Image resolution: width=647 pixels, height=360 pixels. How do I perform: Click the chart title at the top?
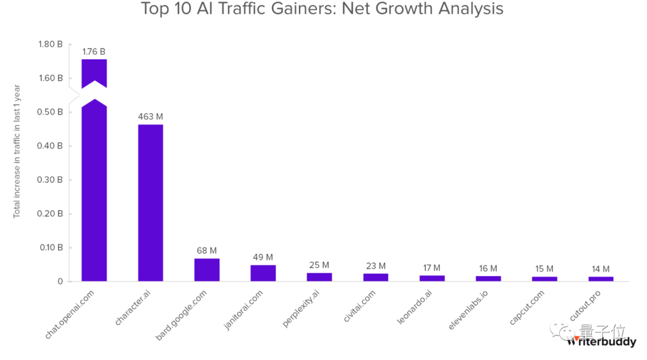(322, 10)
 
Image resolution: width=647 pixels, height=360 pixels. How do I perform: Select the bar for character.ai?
(150, 202)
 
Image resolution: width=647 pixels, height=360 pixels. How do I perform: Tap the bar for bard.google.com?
(207, 270)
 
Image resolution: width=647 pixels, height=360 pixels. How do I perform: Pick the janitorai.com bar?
(263, 273)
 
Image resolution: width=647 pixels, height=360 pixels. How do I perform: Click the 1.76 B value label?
(94, 52)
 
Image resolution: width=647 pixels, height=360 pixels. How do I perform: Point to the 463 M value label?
(150, 117)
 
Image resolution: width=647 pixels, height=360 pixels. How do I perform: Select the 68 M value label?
(207, 250)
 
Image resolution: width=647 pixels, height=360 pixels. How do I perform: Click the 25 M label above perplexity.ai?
(319, 265)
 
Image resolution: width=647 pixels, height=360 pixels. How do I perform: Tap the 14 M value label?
(600, 269)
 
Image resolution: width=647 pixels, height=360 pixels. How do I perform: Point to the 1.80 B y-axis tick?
(50, 44)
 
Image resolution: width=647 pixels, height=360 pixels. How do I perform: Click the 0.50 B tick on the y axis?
(50, 112)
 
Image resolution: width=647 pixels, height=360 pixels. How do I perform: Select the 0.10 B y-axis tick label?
(50, 247)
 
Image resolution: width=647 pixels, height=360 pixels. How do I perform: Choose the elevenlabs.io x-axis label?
(469, 310)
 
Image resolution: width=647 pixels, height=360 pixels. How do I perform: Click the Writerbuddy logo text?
(601, 342)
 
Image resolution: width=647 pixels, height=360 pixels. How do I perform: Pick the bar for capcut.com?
(545, 279)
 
